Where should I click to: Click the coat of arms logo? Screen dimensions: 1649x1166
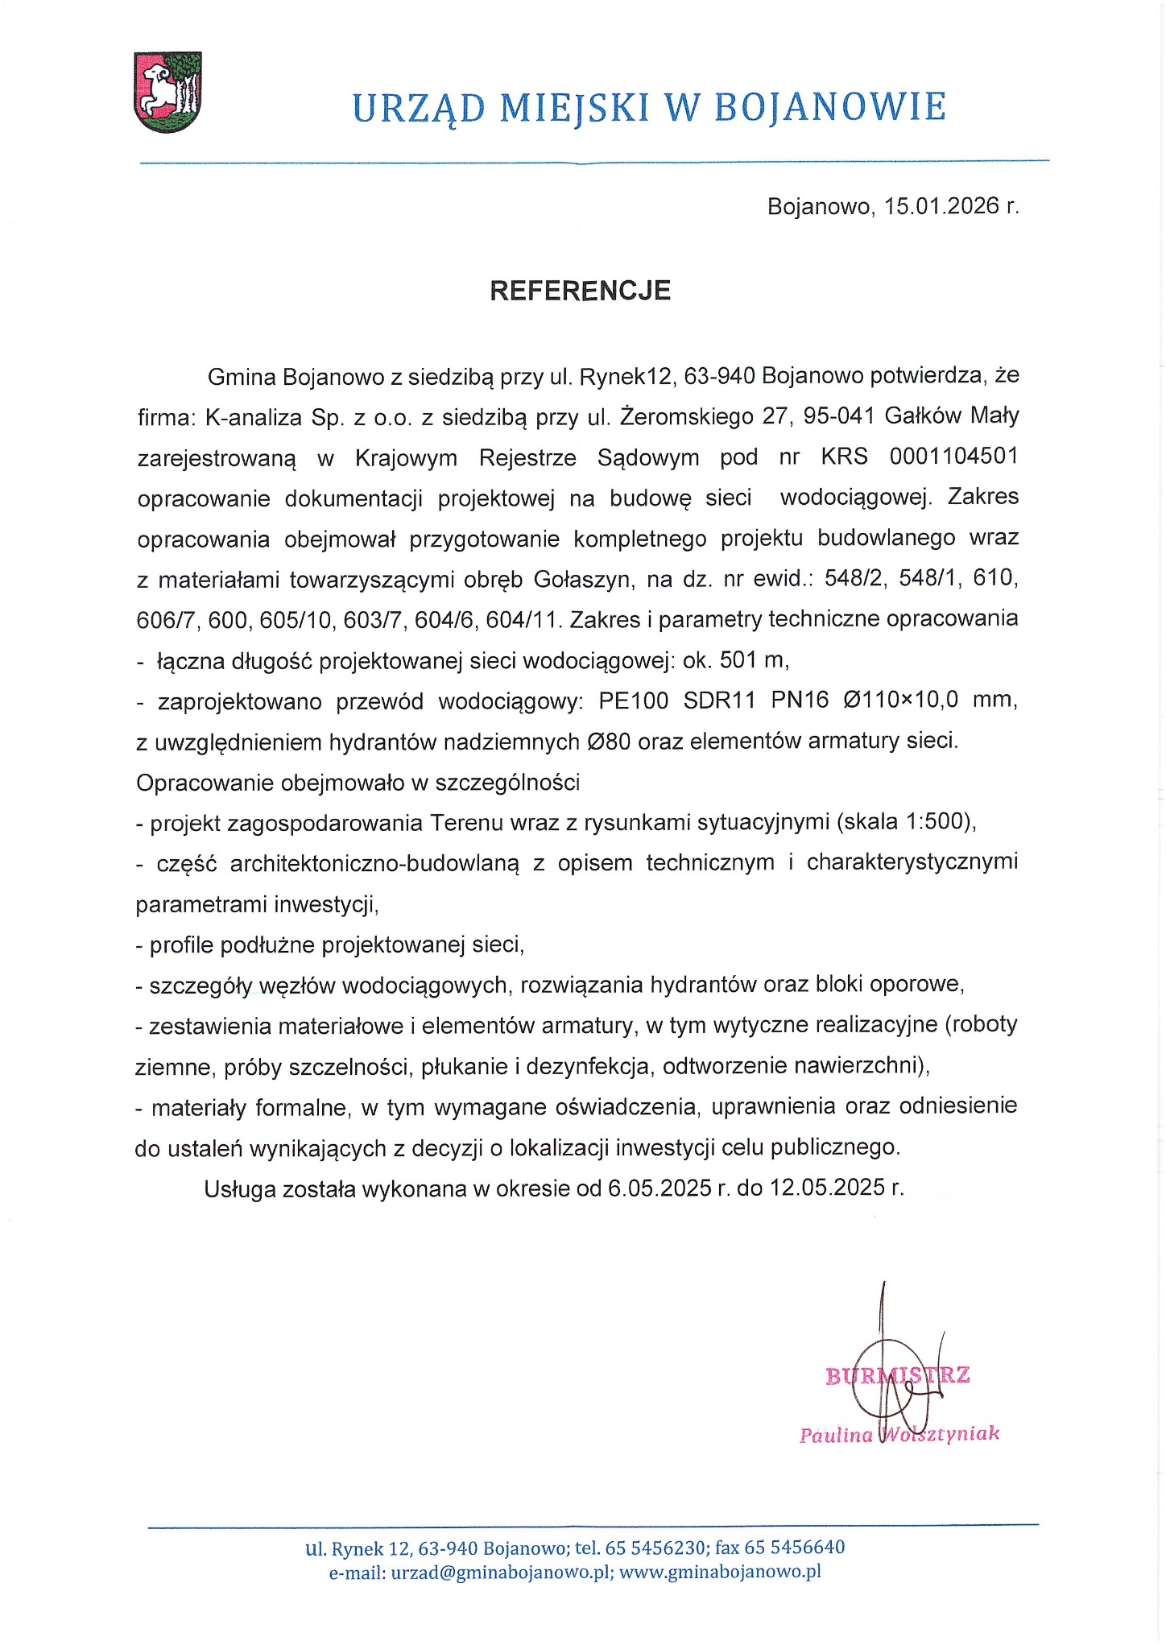(x=167, y=92)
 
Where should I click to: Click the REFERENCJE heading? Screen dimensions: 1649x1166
(x=580, y=291)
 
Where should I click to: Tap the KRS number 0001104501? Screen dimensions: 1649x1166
(x=953, y=457)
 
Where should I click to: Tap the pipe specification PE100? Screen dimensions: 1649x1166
(x=633, y=701)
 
